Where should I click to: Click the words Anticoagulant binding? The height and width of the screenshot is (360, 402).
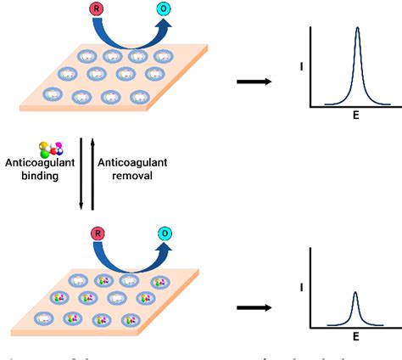point(40,169)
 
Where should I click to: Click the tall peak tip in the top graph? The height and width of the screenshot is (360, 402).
point(357,28)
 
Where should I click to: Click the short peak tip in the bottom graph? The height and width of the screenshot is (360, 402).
point(355,293)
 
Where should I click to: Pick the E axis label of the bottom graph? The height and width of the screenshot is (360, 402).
point(356,335)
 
